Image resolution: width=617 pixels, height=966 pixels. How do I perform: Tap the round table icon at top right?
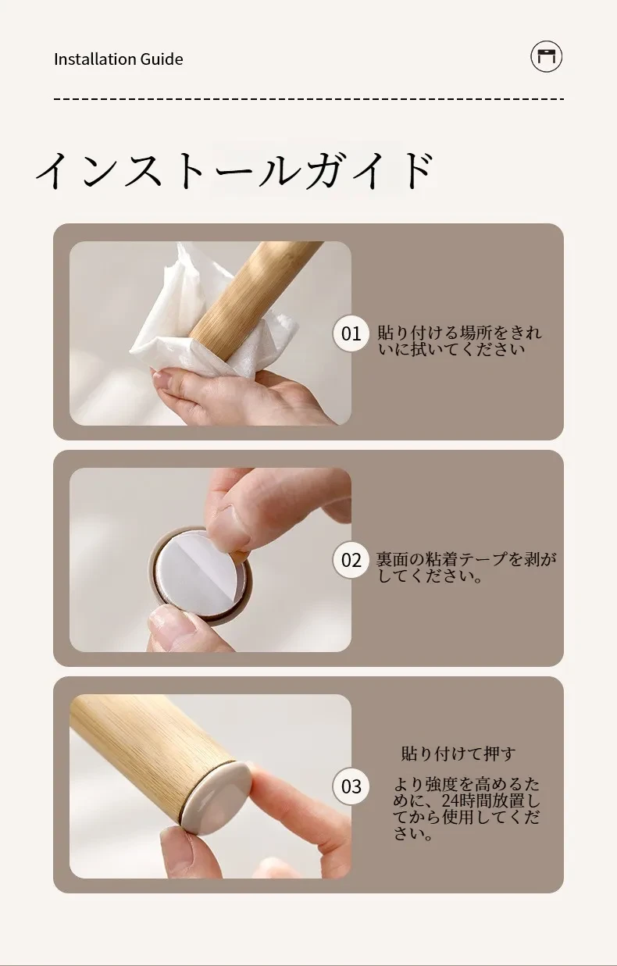point(546,56)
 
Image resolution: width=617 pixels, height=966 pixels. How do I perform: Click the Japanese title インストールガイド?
point(234,170)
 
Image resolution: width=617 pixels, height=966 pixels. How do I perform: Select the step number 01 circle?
point(351,333)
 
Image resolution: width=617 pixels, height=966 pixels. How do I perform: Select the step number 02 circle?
point(351,560)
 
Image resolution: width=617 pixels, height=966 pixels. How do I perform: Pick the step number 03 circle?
point(351,786)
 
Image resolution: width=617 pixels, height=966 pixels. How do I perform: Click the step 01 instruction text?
point(459,340)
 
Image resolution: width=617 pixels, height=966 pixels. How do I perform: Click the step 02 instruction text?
point(466,567)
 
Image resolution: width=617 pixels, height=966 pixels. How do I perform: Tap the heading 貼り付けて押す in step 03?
point(458,754)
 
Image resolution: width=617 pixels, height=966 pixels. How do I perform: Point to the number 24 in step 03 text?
point(451,800)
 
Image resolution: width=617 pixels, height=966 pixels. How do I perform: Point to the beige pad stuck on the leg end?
point(216,797)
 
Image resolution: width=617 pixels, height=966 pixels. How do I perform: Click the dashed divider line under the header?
point(308,99)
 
